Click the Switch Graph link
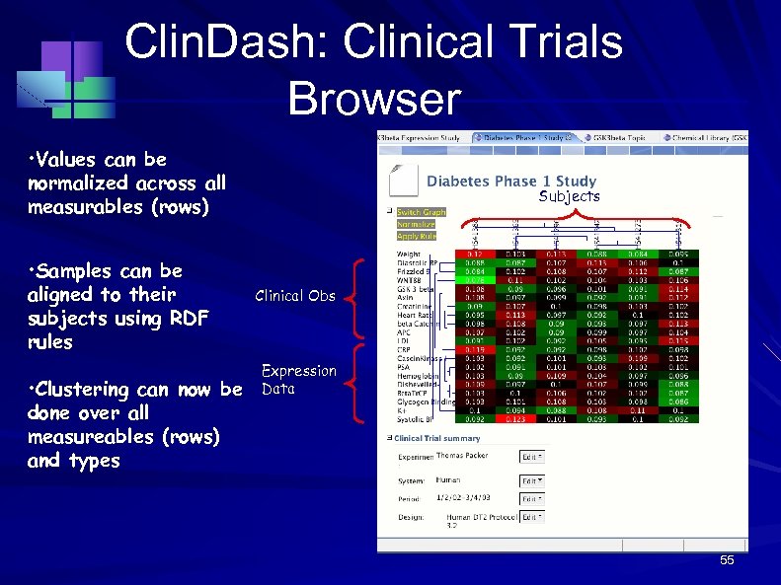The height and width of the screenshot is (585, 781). (421, 212)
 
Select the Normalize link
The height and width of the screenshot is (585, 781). (415, 224)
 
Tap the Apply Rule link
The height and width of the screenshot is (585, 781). (416, 236)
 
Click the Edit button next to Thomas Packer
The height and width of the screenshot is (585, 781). (532, 457)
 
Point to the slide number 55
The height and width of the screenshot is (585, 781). (727, 561)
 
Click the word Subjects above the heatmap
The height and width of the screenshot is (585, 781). (570, 196)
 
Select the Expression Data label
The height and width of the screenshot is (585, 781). (298, 380)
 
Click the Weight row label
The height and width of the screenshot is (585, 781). (410, 254)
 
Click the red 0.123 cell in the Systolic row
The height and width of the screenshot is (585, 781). (515, 419)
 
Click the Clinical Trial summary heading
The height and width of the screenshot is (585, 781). (437, 438)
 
